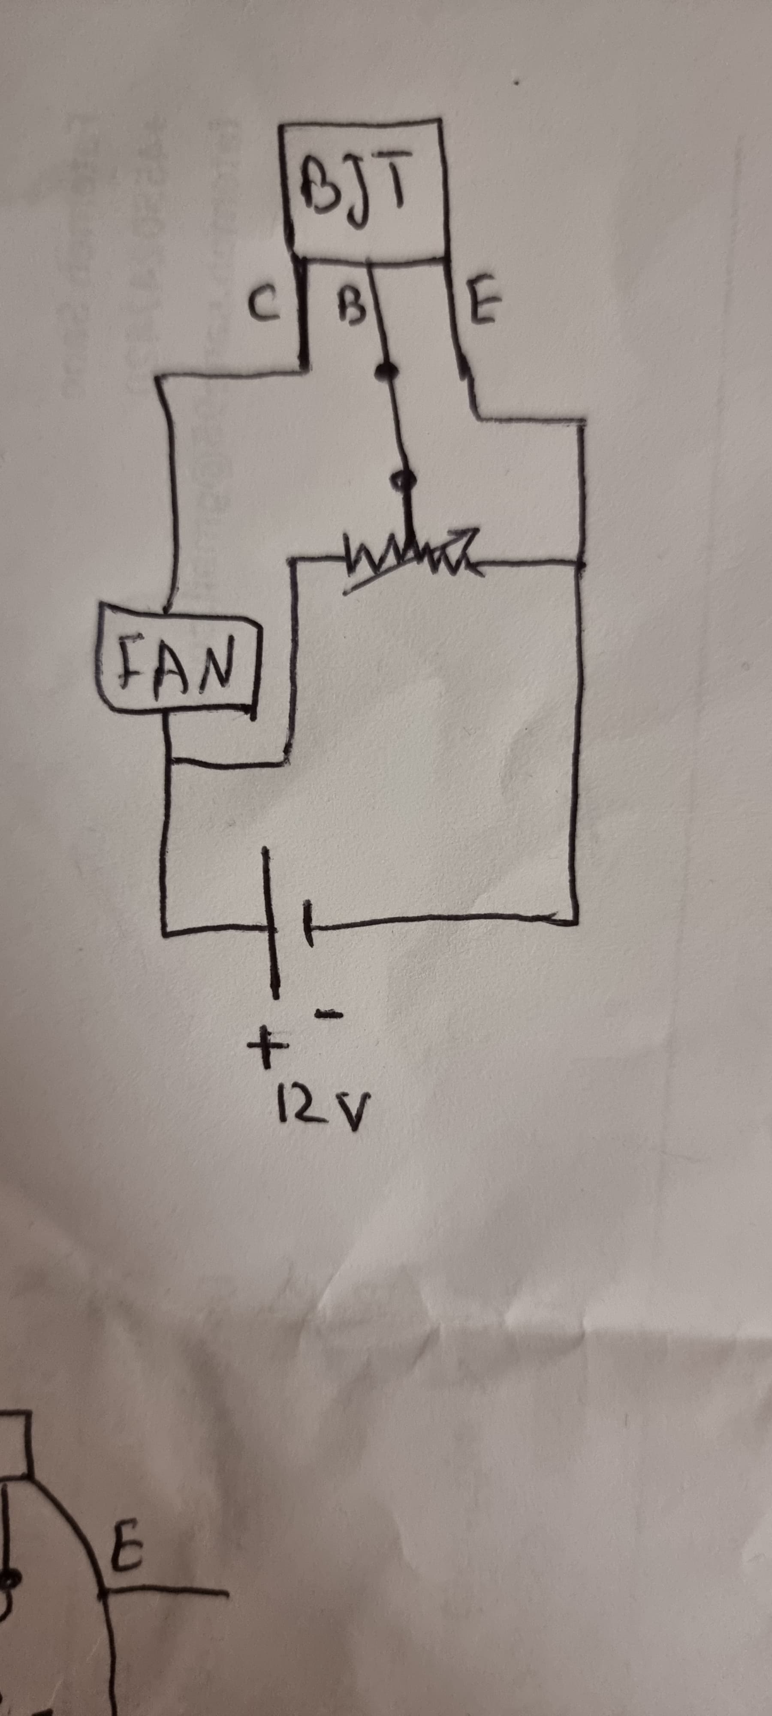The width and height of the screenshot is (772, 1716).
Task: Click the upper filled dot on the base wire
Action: pos(383,372)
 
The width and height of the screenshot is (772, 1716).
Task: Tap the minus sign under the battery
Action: pos(328,1015)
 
